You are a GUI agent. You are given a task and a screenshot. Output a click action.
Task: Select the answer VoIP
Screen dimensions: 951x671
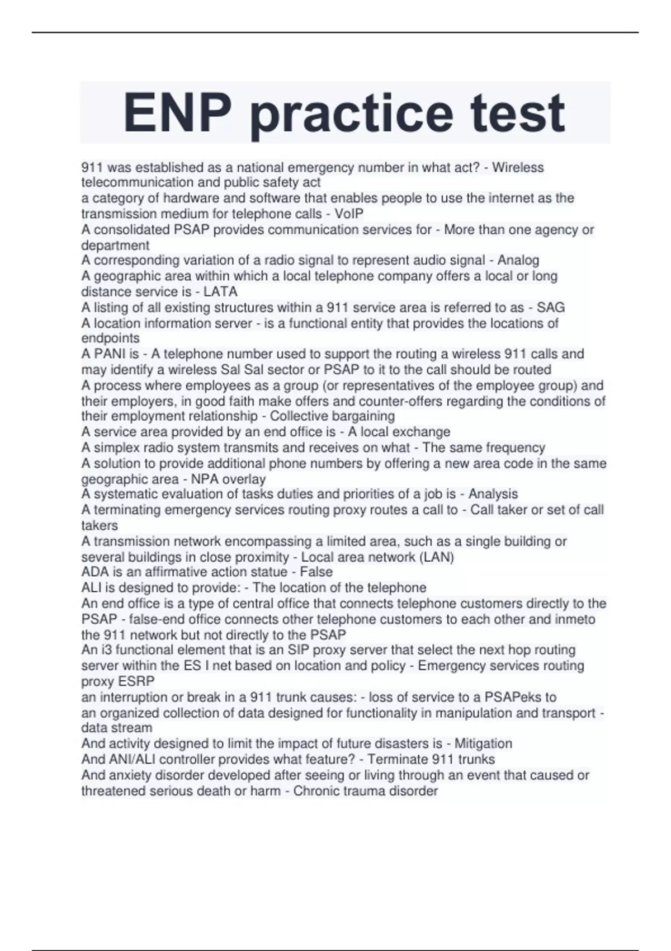(349, 214)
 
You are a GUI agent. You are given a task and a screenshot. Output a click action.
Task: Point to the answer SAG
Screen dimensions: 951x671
(550, 307)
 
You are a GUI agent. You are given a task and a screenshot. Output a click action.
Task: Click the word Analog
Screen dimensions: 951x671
(518, 260)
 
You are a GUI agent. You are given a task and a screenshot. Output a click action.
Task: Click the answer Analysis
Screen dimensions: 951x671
(493, 494)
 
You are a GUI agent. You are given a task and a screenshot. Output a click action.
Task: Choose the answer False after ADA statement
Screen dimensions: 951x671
(316, 572)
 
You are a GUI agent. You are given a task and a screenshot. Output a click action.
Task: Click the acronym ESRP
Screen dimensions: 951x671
(137, 681)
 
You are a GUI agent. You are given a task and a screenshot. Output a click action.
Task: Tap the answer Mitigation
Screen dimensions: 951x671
(483, 743)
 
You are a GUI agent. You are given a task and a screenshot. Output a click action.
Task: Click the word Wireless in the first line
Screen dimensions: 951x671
(518, 167)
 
